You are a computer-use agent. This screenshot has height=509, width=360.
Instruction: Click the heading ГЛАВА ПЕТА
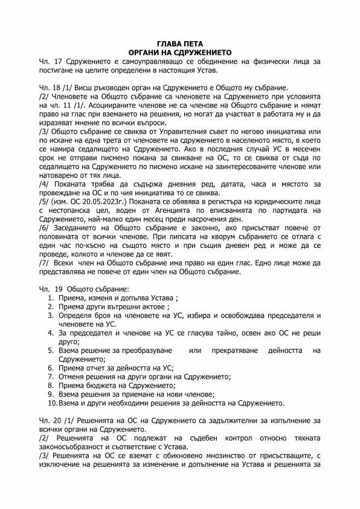coord(180,44)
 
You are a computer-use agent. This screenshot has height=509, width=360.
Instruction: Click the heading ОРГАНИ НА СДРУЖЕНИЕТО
coord(180,53)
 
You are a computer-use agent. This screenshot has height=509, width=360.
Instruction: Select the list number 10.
coord(53,403)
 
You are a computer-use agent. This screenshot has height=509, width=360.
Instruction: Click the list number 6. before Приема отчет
coord(51,368)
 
